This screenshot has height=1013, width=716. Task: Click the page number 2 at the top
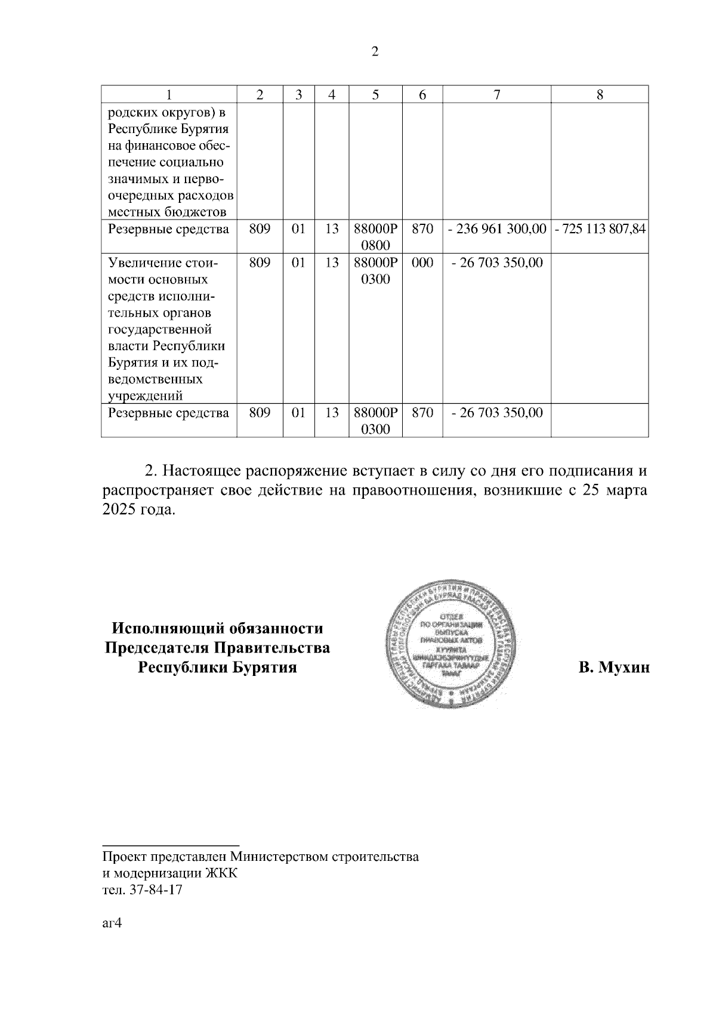pos(375,52)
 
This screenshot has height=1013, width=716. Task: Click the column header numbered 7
pos(496,94)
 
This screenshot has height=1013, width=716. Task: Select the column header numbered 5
pos(375,94)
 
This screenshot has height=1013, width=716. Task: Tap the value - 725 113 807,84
pos(600,228)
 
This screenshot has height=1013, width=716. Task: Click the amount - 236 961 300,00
pos(496,228)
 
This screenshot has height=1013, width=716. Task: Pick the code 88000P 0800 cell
pos(375,237)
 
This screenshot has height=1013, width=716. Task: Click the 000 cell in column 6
pos(422,262)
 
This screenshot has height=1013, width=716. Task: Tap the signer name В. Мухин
pos(614,667)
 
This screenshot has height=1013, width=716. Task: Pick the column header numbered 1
pos(169,94)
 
